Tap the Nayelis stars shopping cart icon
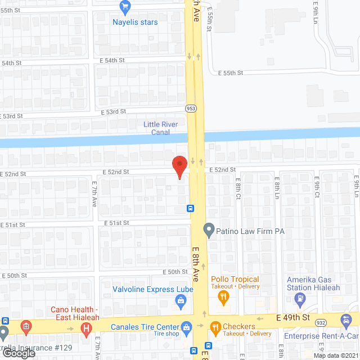[x=125, y=7]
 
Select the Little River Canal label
[x=160, y=128]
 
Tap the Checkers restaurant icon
[x=215, y=327]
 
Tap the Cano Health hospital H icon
[x=85, y=327]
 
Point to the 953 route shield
[x=192, y=108]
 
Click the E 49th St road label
[x=294, y=318]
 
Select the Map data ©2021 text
[x=335, y=355]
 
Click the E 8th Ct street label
[x=238, y=190]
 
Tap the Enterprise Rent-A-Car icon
[x=345, y=321]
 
